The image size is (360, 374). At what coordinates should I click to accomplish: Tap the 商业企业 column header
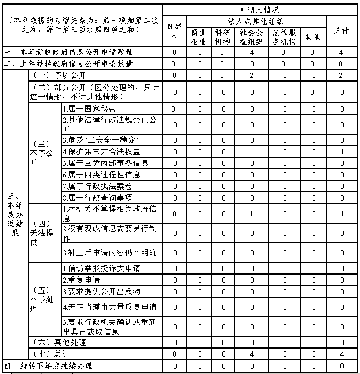pyautogui.click(x=199, y=36)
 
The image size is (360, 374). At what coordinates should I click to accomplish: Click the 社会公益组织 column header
pyautogui.click(x=251, y=36)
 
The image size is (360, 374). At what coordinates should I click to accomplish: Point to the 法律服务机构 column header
pyautogui.click(x=282, y=36)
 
